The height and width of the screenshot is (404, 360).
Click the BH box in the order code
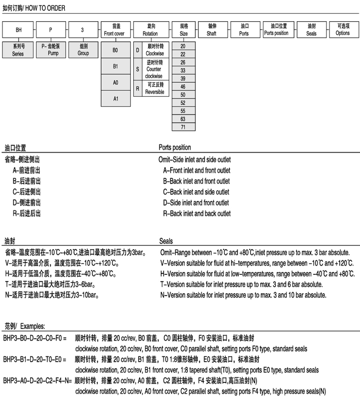[x=19, y=30]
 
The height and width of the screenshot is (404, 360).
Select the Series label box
[x=18, y=50]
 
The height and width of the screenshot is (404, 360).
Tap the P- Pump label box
[x=50, y=50]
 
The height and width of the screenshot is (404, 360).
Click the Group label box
[x=83, y=50]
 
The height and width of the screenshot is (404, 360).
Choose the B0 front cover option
[x=115, y=51]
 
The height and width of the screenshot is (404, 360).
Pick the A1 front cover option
[x=115, y=99]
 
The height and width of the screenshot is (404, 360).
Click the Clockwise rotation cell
[x=155, y=50]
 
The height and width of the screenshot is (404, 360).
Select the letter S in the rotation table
[x=138, y=69]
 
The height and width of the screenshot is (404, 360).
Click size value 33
[x=183, y=70]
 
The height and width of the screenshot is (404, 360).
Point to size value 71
[x=183, y=127]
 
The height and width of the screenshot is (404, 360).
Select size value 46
[x=183, y=86]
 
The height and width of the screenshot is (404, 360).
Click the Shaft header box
[x=212, y=30]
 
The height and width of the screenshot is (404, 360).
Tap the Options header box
[x=343, y=30]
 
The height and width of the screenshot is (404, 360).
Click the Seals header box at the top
[x=311, y=30]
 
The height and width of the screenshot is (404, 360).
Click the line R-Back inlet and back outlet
[x=197, y=214]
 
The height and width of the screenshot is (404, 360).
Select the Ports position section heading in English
[x=175, y=147]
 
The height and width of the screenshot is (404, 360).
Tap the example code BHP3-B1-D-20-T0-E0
[x=34, y=360]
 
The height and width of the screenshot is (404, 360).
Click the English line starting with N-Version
[x=243, y=295]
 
